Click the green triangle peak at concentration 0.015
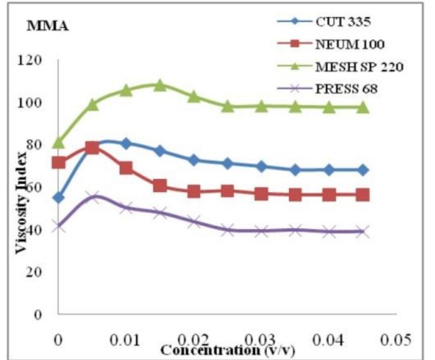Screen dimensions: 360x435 pos(160,85)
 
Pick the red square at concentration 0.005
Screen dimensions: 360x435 pos(92,148)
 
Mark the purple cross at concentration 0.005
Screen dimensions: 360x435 pos(92,197)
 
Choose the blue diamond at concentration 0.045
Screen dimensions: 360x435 pos(363,170)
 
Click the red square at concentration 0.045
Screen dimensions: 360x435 pos(363,195)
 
